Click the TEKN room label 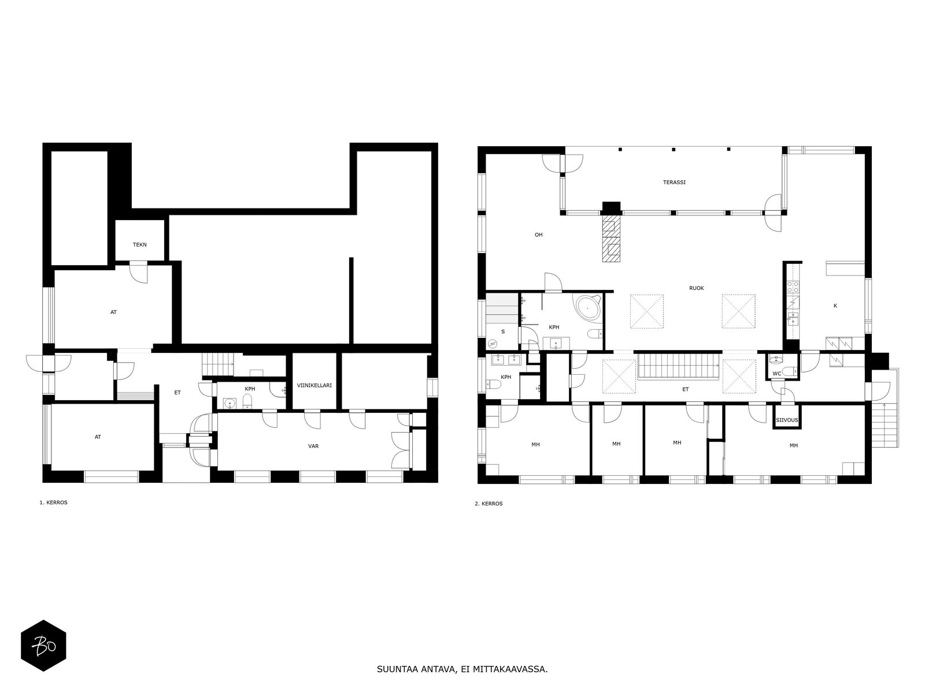[139, 244]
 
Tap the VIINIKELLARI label [314, 385]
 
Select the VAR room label [313, 446]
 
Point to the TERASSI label [674, 182]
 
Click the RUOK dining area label [697, 288]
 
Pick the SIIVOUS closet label [787, 420]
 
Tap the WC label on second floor [777, 374]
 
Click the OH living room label [539, 235]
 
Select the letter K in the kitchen [835, 306]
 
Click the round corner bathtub [587, 308]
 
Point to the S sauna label [503, 331]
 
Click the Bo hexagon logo [43, 646]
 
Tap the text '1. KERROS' [54, 502]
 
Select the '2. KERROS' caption [489, 504]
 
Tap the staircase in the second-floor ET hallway [679, 367]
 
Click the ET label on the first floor [177, 393]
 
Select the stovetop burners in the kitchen [793, 287]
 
